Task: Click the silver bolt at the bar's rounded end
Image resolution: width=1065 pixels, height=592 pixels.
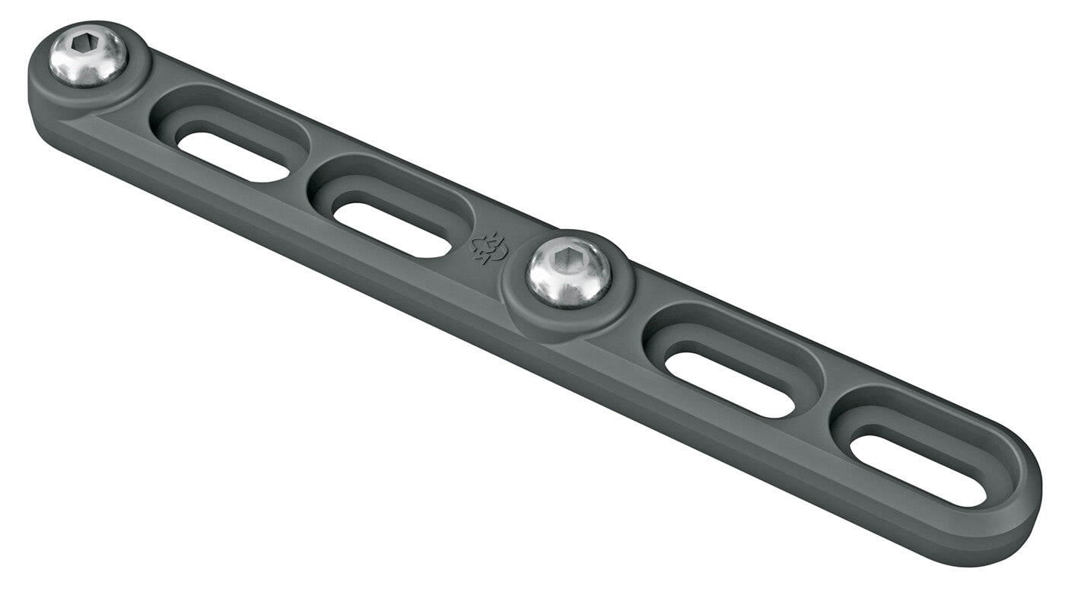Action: click(88, 56)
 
